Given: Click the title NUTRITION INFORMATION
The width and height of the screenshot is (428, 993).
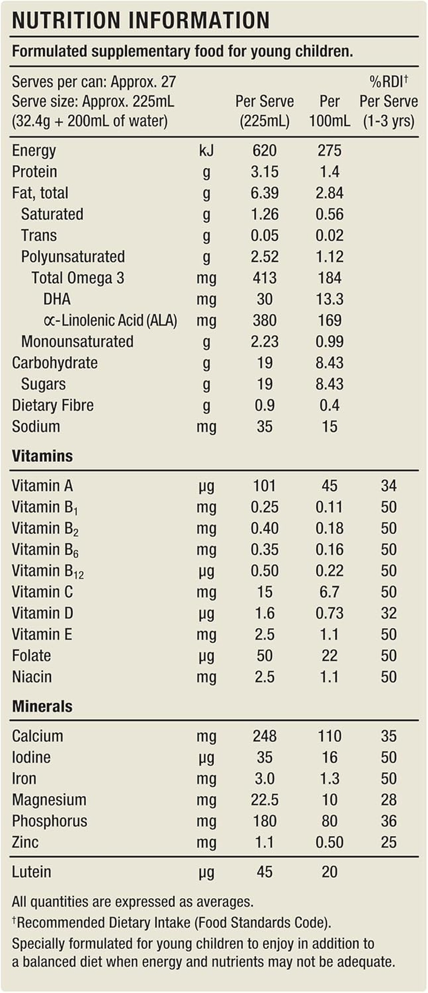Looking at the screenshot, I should coord(141,20).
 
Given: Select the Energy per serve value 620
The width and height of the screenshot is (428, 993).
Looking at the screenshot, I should coord(264,151).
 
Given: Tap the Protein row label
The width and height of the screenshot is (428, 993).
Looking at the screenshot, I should coord(34,172).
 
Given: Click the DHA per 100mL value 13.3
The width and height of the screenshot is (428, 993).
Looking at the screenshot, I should coord(329,299).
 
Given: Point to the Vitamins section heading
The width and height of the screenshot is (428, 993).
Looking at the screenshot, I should coord(42,456).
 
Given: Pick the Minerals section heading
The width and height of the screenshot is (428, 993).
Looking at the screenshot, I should coord(42,706).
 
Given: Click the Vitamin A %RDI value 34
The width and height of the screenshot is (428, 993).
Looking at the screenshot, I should coord(388,486).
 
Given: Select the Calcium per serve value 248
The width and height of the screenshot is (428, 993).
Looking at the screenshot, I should coord(264,736).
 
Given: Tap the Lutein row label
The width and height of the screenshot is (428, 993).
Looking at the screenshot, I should coord(32,871).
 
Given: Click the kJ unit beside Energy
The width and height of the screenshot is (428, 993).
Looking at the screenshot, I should coord(206,151).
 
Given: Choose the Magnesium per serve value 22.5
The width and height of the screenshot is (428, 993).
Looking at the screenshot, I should coord(264,800).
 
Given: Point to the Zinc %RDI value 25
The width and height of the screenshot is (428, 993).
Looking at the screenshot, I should coord(388,842).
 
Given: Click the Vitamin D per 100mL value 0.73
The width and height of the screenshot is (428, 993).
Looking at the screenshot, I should coord(329,613).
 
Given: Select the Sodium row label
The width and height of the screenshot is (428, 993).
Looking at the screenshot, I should coord(36,426).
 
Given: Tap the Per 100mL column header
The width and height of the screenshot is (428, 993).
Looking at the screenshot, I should coord(329,111).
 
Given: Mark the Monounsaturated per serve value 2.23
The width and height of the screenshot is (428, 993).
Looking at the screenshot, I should coord(264,341).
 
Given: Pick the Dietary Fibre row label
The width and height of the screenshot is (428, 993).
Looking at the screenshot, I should coord(52,405).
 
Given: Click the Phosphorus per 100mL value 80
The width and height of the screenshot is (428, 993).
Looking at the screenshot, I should coord(329,821).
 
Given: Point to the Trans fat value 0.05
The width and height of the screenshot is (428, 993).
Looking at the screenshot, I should coord(264,235).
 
